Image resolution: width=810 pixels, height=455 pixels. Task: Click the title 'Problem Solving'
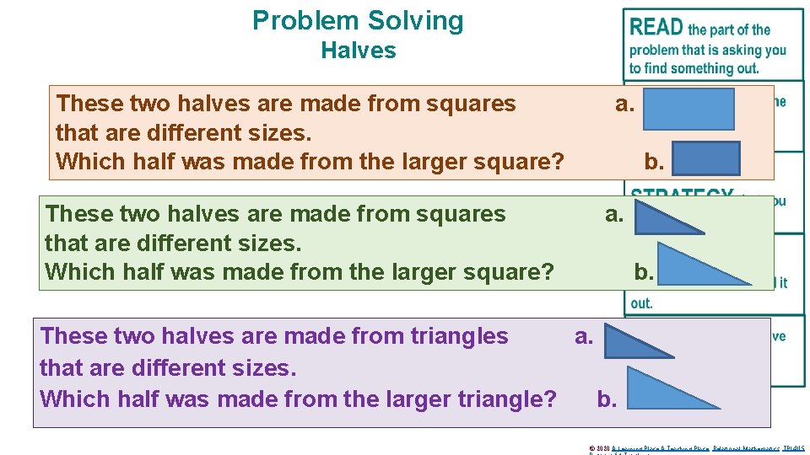(358, 20)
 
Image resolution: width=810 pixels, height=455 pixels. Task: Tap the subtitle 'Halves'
(358, 51)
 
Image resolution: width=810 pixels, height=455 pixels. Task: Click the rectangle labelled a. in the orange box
(688, 109)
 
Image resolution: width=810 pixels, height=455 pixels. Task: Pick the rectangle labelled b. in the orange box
(706, 158)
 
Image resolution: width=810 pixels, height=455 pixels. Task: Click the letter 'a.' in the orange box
(625, 104)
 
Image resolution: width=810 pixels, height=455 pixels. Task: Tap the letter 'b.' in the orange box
(654, 160)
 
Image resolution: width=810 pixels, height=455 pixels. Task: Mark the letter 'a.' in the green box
(614, 215)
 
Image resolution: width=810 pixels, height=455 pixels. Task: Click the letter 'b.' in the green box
(644, 271)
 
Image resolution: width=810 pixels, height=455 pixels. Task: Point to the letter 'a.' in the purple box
(584, 337)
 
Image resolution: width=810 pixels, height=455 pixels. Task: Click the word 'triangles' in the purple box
(459, 336)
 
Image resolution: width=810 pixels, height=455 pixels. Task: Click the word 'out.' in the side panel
(641, 303)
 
